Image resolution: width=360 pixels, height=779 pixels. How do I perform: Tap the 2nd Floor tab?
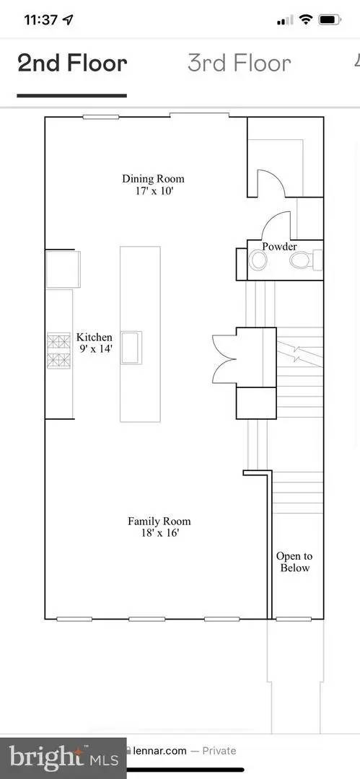click(72, 63)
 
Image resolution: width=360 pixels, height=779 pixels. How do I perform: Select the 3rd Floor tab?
click(240, 63)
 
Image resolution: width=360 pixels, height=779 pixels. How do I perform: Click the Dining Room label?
click(153, 178)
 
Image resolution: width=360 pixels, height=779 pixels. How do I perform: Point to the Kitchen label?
click(94, 338)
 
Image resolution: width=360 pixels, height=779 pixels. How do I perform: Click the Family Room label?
click(159, 521)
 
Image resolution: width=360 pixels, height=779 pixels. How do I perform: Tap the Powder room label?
click(279, 247)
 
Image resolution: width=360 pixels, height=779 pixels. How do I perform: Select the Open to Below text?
click(294, 562)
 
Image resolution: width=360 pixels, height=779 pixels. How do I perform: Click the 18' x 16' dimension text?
click(159, 534)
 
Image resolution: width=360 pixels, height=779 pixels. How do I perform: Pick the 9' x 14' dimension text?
click(95, 349)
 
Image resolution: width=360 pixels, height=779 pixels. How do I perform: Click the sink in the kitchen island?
click(131, 348)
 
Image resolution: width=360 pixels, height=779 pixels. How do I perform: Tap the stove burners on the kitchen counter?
click(58, 351)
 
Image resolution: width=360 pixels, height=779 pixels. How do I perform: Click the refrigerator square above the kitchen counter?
click(63, 269)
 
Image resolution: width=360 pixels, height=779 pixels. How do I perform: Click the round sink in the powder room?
click(258, 260)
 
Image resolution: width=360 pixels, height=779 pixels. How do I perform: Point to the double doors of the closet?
click(225, 358)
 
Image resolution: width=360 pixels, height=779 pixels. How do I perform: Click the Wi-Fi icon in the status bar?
click(306, 20)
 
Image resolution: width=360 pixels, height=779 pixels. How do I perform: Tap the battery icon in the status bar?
click(330, 20)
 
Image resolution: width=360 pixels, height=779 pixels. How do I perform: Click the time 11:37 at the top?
click(42, 20)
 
